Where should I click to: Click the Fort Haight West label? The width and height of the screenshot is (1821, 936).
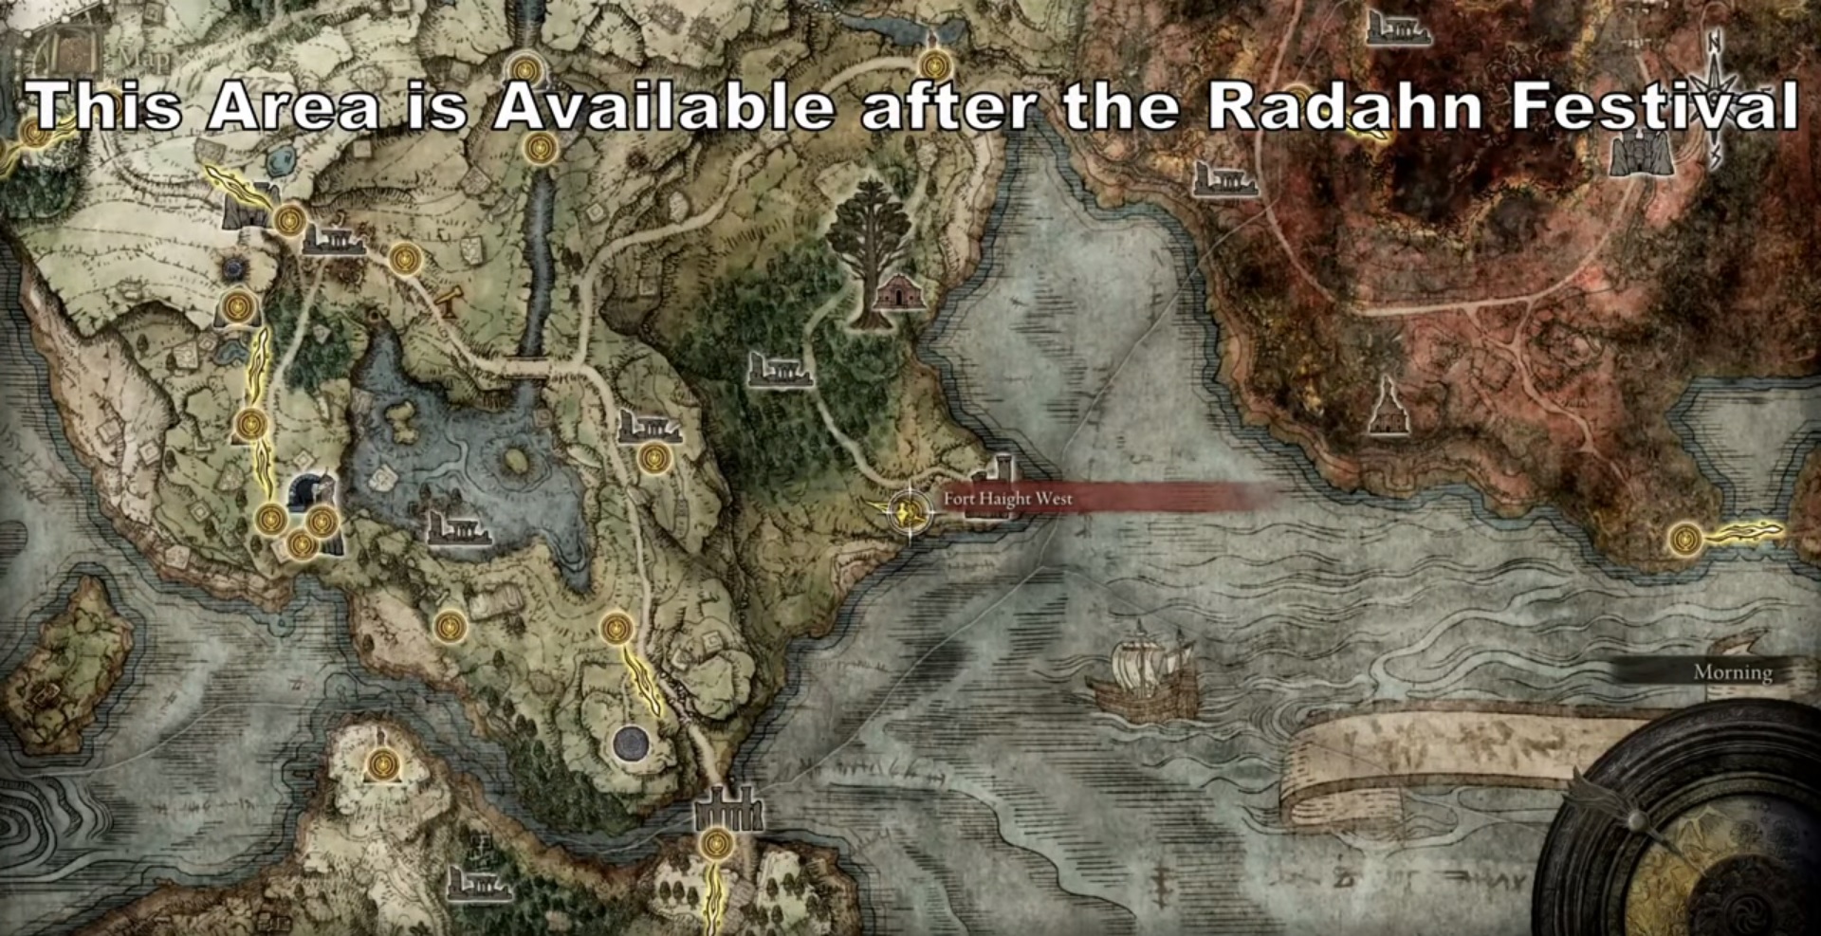[1007, 499]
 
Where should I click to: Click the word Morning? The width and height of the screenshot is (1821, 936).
[1733, 672]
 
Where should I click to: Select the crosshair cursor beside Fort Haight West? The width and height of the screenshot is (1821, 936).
[908, 513]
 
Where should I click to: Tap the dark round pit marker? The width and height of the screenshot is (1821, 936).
[631, 743]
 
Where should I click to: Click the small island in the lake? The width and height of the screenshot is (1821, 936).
[515, 462]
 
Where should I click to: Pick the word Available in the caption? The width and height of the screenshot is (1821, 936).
[663, 105]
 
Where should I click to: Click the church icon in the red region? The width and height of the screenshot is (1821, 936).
[1386, 408]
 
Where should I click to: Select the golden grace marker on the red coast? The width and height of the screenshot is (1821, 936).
[1685, 540]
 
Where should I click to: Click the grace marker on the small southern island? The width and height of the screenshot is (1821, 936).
[382, 763]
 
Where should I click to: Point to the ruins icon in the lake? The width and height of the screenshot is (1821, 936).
[458, 528]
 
